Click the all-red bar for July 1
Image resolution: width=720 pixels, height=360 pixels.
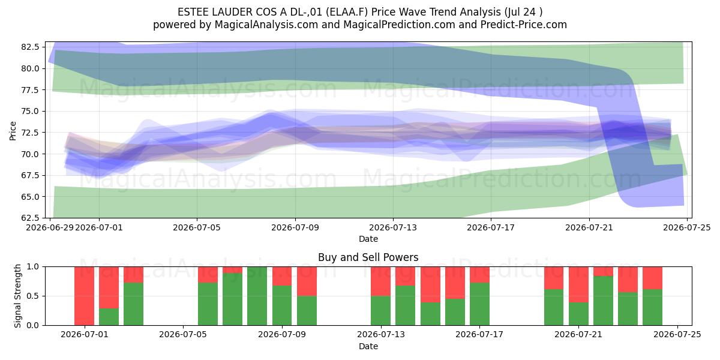tap(84, 296)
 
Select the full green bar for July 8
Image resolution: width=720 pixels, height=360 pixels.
tap(257, 296)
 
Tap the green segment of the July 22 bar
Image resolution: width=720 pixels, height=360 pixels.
tap(603, 301)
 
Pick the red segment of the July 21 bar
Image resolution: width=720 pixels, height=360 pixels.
tap(578, 284)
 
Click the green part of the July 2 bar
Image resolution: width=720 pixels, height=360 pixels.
tap(109, 317)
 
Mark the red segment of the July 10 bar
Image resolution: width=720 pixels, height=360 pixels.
tap(307, 281)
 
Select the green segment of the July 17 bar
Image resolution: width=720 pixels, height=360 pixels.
tap(479, 304)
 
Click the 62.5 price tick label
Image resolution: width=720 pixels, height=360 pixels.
tap(30, 218)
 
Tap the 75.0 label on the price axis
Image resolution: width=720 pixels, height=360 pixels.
tap(30, 112)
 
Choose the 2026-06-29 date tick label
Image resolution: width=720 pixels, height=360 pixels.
tap(50, 227)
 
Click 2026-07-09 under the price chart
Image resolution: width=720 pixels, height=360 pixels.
tap(295, 227)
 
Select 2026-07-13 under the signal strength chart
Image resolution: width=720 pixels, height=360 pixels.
tap(381, 335)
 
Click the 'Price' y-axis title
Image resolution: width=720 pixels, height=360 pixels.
tap(13, 131)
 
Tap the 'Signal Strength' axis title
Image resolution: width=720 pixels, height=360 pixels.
tap(17, 296)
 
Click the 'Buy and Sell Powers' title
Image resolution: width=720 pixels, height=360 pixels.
tap(368, 257)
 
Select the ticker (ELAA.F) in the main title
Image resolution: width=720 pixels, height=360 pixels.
tap(347, 12)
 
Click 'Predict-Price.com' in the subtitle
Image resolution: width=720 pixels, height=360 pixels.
tap(524, 25)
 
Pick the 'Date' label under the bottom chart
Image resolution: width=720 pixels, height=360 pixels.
tap(368, 346)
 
